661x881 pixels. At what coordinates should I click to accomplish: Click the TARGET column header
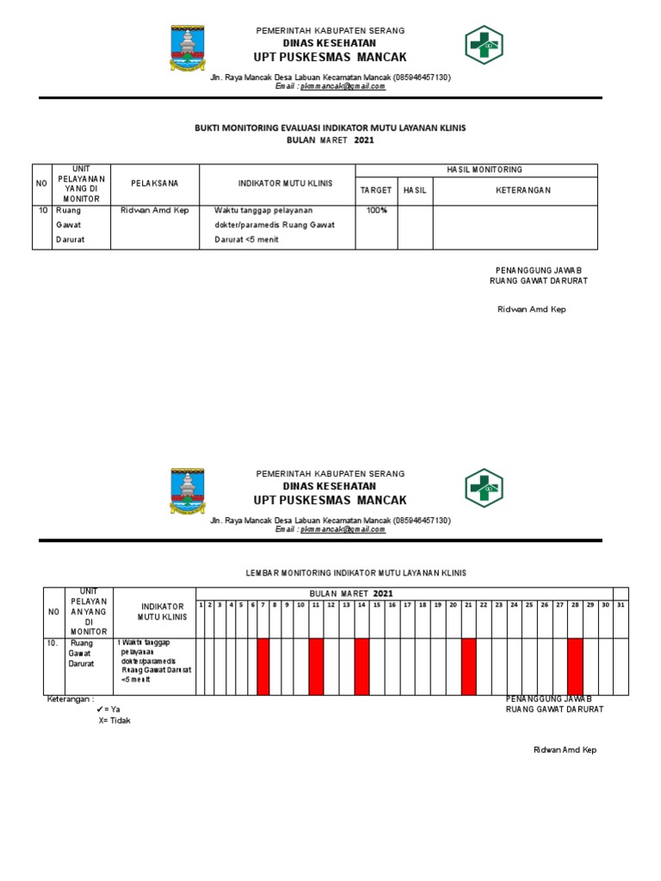click(376, 190)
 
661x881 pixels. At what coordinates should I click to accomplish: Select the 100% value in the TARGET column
click(376, 211)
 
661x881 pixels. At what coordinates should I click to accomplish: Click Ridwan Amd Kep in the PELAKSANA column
click(155, 211)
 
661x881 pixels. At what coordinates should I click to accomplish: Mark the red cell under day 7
click(263, 665)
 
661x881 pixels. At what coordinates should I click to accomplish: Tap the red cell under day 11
click(316, 665)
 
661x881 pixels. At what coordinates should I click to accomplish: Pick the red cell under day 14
click(361, 665)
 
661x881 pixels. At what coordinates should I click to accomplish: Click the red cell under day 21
click(468, 665)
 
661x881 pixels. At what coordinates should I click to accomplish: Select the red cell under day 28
click(575, 665)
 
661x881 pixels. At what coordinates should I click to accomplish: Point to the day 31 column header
click(621, 605)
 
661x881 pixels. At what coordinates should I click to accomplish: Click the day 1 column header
click(201, 605)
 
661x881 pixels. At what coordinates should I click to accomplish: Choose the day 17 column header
click(407, 605)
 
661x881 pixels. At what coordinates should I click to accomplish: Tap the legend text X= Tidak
click(114, 720)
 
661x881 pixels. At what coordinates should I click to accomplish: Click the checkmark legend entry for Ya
click(108, 709)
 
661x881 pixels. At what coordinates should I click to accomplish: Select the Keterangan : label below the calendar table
click(70, 699)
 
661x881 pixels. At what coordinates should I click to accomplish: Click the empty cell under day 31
click(621, 665)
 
